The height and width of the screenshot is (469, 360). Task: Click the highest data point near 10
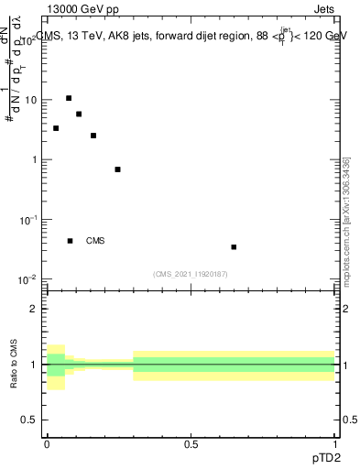point(69,98)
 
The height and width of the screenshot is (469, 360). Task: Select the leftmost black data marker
point(56,128)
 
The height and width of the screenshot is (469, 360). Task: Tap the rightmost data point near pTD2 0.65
point(235,246)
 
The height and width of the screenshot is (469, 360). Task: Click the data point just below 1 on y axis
point(117,169)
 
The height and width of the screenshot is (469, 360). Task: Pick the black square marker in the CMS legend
point(71,241)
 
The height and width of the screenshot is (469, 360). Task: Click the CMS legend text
point(95,241)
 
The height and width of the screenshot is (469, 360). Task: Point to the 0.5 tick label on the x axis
point(191,443)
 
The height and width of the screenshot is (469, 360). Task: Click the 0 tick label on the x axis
point(47,443)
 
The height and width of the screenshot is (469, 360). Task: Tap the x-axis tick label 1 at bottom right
point(335,443)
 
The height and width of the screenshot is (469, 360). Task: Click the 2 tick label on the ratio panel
point(33,309)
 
